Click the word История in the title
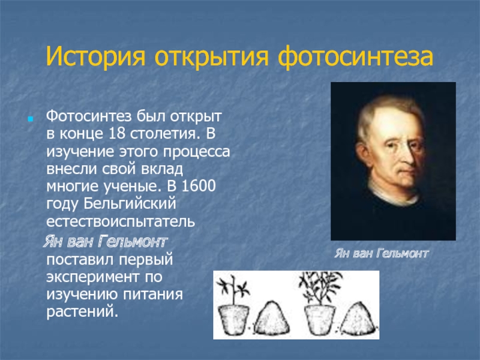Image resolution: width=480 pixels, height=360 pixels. pyautogui.click(x=95, y=56)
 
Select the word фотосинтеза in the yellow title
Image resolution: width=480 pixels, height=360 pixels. pyautogui.click(x=355, y=57)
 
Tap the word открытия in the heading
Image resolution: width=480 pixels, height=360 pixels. pyautogui.click(x=212, y=57)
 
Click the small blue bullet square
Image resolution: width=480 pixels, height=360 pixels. pyautogui.click(x=30, y=119)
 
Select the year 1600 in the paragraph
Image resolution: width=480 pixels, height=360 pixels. pyautogui.click(x=199, y=186)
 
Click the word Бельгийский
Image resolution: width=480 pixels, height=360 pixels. pyautogui.click(x=130, y=204)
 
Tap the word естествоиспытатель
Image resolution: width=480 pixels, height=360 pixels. pyautogui.click(x=121, y=221)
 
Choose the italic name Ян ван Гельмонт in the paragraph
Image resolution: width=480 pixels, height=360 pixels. pyautogui.click(x=106, y=242)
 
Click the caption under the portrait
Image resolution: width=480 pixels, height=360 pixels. pyautogui.click(x=382, y=253)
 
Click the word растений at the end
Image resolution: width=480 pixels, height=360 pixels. pyautogui.click(x=82, y=312)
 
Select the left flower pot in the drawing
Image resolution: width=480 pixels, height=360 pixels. pyautogui.click(x=234, y=319)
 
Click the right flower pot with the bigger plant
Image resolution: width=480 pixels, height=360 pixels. pyautogui.click(x=320, y=319)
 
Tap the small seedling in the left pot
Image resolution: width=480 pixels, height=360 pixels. pyautogui.click(x=233, y=290)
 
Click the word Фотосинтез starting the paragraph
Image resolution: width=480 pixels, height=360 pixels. pyautogui.click(x=89, y=116)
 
